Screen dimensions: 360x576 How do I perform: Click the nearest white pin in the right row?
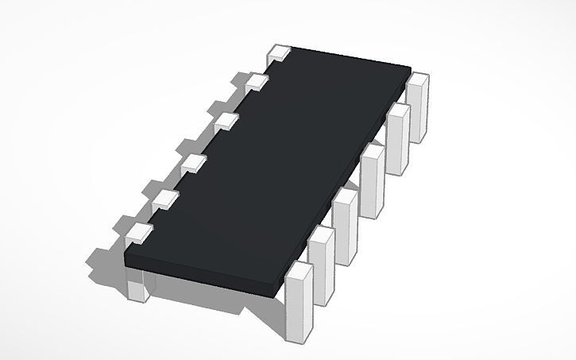299,302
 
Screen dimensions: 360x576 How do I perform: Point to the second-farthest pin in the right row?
397,139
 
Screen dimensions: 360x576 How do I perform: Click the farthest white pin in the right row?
418,107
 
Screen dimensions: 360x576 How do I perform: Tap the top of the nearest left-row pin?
139,233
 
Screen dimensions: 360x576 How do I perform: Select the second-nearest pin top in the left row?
164,199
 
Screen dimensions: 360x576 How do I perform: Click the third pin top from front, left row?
193,165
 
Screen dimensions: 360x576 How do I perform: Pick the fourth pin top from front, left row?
226,122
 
